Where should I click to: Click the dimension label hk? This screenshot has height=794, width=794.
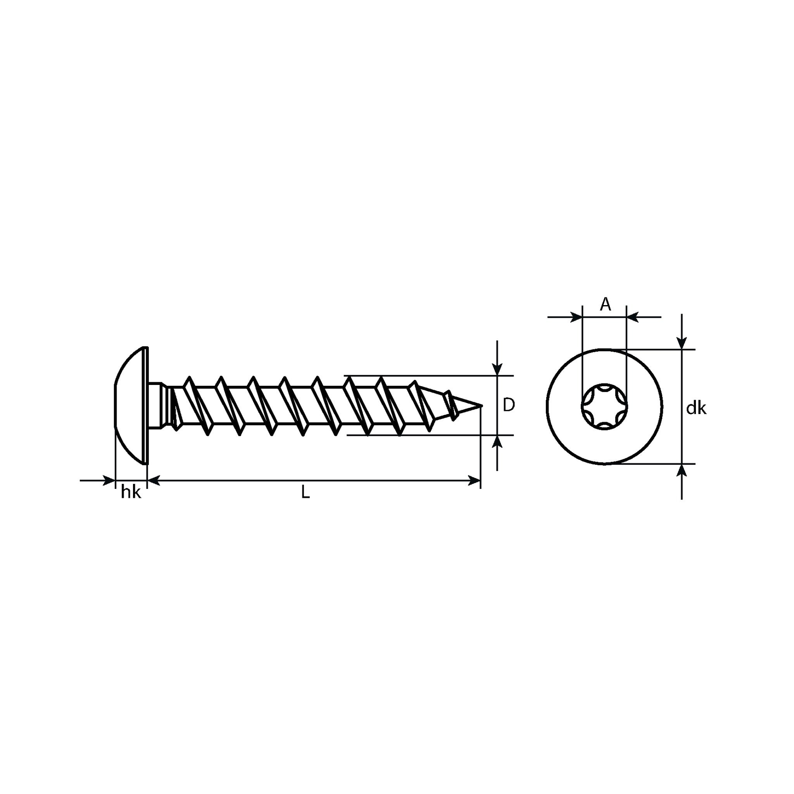131,492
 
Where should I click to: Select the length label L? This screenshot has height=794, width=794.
305,492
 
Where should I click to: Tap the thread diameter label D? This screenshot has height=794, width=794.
509,405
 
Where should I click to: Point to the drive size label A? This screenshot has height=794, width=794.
605,304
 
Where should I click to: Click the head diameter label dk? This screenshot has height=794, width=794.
696,408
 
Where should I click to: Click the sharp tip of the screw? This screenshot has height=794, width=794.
482,406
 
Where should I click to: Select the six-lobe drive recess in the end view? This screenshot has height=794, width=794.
604,406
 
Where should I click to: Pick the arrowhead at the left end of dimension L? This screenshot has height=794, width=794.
154,480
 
